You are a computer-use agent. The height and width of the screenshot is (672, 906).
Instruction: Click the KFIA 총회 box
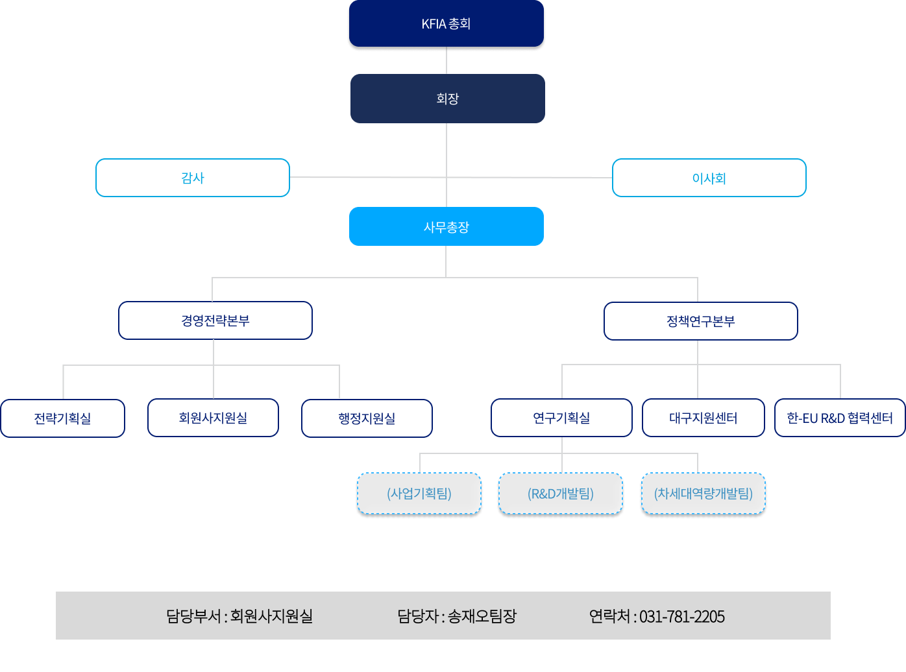click(446, 24)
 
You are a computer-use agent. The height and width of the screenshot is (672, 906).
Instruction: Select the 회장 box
click(447, 99)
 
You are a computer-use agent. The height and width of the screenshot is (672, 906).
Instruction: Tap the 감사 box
click(193, 178)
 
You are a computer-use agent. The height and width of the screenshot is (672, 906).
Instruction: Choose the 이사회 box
click(709, 178)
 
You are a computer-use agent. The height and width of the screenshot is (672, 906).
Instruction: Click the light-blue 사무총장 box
click(446, 227)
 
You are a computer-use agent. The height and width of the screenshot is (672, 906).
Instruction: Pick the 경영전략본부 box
click(215, 320)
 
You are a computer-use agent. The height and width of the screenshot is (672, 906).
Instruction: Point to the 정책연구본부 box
click(700, 321)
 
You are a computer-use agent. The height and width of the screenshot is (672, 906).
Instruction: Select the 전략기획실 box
click(62, 418)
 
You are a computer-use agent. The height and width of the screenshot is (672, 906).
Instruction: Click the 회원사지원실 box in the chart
click(213, 418)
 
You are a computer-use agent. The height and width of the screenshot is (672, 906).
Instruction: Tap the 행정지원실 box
click(367, 418)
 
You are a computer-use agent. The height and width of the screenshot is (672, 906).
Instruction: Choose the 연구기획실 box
click(561, 418)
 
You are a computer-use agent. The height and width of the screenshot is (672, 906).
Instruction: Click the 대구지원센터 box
click(703, 418)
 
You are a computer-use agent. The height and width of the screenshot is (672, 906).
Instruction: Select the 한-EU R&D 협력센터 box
click(840, 418)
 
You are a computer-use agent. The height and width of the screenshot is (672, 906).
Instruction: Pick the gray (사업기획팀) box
click(419, 494)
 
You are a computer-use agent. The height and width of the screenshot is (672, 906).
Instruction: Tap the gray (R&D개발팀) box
click(561, 494)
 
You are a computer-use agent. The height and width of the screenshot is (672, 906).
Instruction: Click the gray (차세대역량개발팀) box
click(703, 494)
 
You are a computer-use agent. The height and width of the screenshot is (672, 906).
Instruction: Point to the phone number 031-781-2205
click(681, 616)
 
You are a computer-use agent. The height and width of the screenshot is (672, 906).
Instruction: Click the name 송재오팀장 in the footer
click(482, 616)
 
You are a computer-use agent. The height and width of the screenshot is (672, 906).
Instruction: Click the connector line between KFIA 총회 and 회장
click(447, 61)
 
